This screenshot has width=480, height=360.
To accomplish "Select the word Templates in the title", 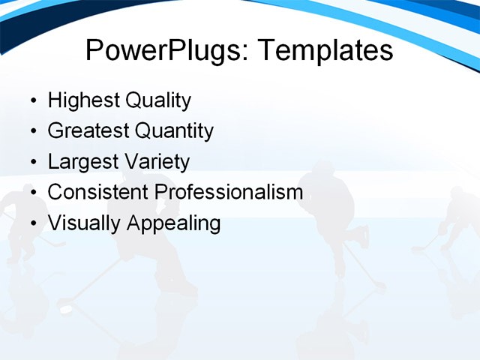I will (x=325, y=51).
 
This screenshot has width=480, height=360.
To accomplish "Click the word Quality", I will (x=157, y=100).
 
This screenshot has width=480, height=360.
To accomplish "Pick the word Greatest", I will (x=88, y=131).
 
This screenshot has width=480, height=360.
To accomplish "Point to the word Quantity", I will (x=174, y=131).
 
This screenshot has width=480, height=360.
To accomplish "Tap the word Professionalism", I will (x=229, y=192).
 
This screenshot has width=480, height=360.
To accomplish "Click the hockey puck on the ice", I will (x=66, y=309).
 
